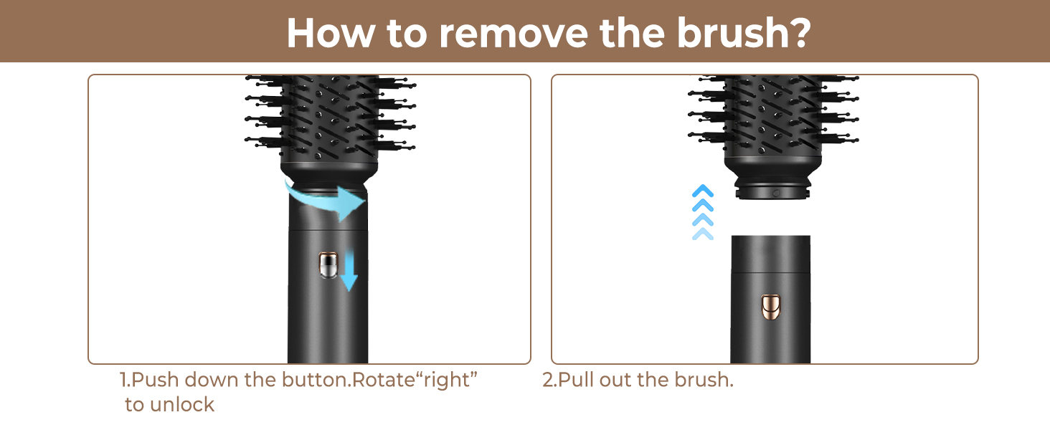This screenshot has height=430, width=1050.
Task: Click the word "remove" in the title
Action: coord(514,33)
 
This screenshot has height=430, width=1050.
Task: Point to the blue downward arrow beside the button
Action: coord(349,271)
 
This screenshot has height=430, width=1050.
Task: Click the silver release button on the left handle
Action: coord(328,265)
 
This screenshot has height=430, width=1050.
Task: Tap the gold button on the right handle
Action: coord(770,307)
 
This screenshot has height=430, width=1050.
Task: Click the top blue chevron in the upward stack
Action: coord(703,191)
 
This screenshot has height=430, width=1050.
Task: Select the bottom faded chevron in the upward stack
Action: coord(703,234)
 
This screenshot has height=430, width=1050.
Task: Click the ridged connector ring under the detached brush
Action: coord(772,188)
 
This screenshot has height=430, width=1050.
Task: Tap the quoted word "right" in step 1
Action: coord(446,381)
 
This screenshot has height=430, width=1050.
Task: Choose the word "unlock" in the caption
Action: coord(182,405)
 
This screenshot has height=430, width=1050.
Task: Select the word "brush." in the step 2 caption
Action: coord(704,380)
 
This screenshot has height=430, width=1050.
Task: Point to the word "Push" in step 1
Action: coord(155,380)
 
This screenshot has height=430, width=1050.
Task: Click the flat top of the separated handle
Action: coord(770,236)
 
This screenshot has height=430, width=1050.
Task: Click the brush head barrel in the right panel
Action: coord(773,117)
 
